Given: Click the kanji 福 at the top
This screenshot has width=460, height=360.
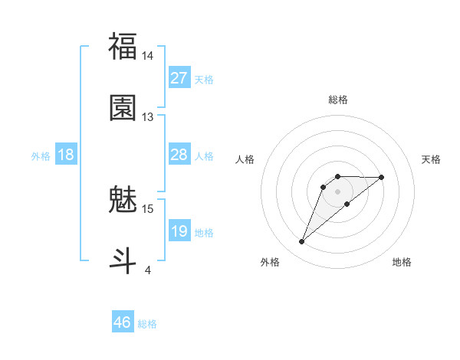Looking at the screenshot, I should coord(123,47).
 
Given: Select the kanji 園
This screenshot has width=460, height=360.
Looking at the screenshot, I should coord(123,108).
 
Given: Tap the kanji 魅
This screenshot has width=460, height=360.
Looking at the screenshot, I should coord(123,200).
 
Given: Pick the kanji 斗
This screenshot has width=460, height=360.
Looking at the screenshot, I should coord(123,260).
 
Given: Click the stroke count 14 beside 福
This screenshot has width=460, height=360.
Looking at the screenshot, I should coord(148,56).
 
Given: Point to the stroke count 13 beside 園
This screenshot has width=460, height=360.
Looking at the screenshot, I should coord(148,117).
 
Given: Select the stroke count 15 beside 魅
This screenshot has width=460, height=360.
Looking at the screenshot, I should coord(148,208).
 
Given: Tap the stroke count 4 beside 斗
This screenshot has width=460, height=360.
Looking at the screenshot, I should coord(148,270).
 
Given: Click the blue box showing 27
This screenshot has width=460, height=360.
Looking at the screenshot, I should coord(179,78).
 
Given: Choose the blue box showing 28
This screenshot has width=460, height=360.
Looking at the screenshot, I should coord(179,155).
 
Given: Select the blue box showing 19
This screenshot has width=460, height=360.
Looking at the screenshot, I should coord(179,231).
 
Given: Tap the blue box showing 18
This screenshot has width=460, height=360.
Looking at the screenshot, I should coord(66,155).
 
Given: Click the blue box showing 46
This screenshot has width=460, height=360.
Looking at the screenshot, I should coord(123,322).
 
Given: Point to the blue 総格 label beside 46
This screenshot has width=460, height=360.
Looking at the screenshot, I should coord(147,324).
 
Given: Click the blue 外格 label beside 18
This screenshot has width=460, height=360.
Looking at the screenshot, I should coord(41,155).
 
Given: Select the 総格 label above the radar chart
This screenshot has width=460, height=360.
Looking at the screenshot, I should coord(337,100).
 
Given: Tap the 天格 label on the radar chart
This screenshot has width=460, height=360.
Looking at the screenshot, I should coord(432,159).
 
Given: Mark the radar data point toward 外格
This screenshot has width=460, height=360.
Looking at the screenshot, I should coord(301,242).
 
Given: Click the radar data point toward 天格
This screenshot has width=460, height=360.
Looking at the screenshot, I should coord(382,177).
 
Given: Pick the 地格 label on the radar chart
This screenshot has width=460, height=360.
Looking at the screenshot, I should coord(402,263).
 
